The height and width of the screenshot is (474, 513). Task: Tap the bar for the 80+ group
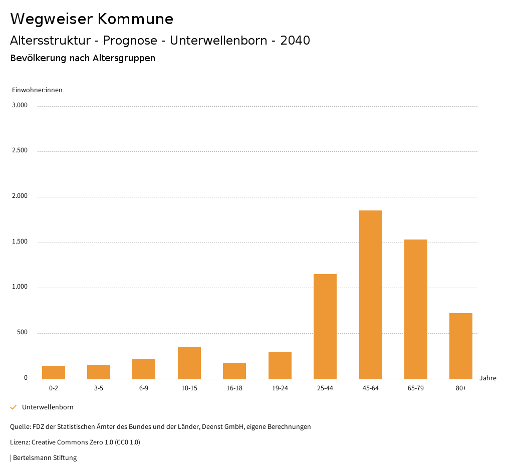coord(461,346)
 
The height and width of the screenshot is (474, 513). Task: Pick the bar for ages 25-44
coord(325,326)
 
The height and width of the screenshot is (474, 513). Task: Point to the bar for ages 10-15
coord(189,363)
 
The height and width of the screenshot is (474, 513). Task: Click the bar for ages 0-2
coord(54,372)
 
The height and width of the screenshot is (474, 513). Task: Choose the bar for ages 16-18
coord(234,371)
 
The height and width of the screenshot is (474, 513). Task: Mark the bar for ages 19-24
coord(280,365)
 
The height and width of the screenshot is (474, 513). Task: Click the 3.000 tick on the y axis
coord(20,105)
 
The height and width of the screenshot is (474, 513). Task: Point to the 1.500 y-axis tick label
coord(20,242)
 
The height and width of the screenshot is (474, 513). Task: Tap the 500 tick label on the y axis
coord(22,333)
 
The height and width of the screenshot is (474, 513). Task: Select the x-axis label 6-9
coord(144,388)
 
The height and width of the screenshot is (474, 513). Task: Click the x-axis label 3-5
coord(99,388)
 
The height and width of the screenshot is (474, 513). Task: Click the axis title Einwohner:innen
coord(37,90)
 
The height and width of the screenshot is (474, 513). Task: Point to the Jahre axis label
coord(487,378)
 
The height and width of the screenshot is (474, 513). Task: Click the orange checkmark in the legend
coord(14,407)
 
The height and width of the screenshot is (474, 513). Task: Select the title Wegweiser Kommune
coord(92,19)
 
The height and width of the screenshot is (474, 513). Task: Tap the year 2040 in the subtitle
coord(295,41)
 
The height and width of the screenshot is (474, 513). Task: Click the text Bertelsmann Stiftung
coord(45,458)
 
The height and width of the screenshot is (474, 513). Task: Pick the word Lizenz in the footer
coord(20,442)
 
